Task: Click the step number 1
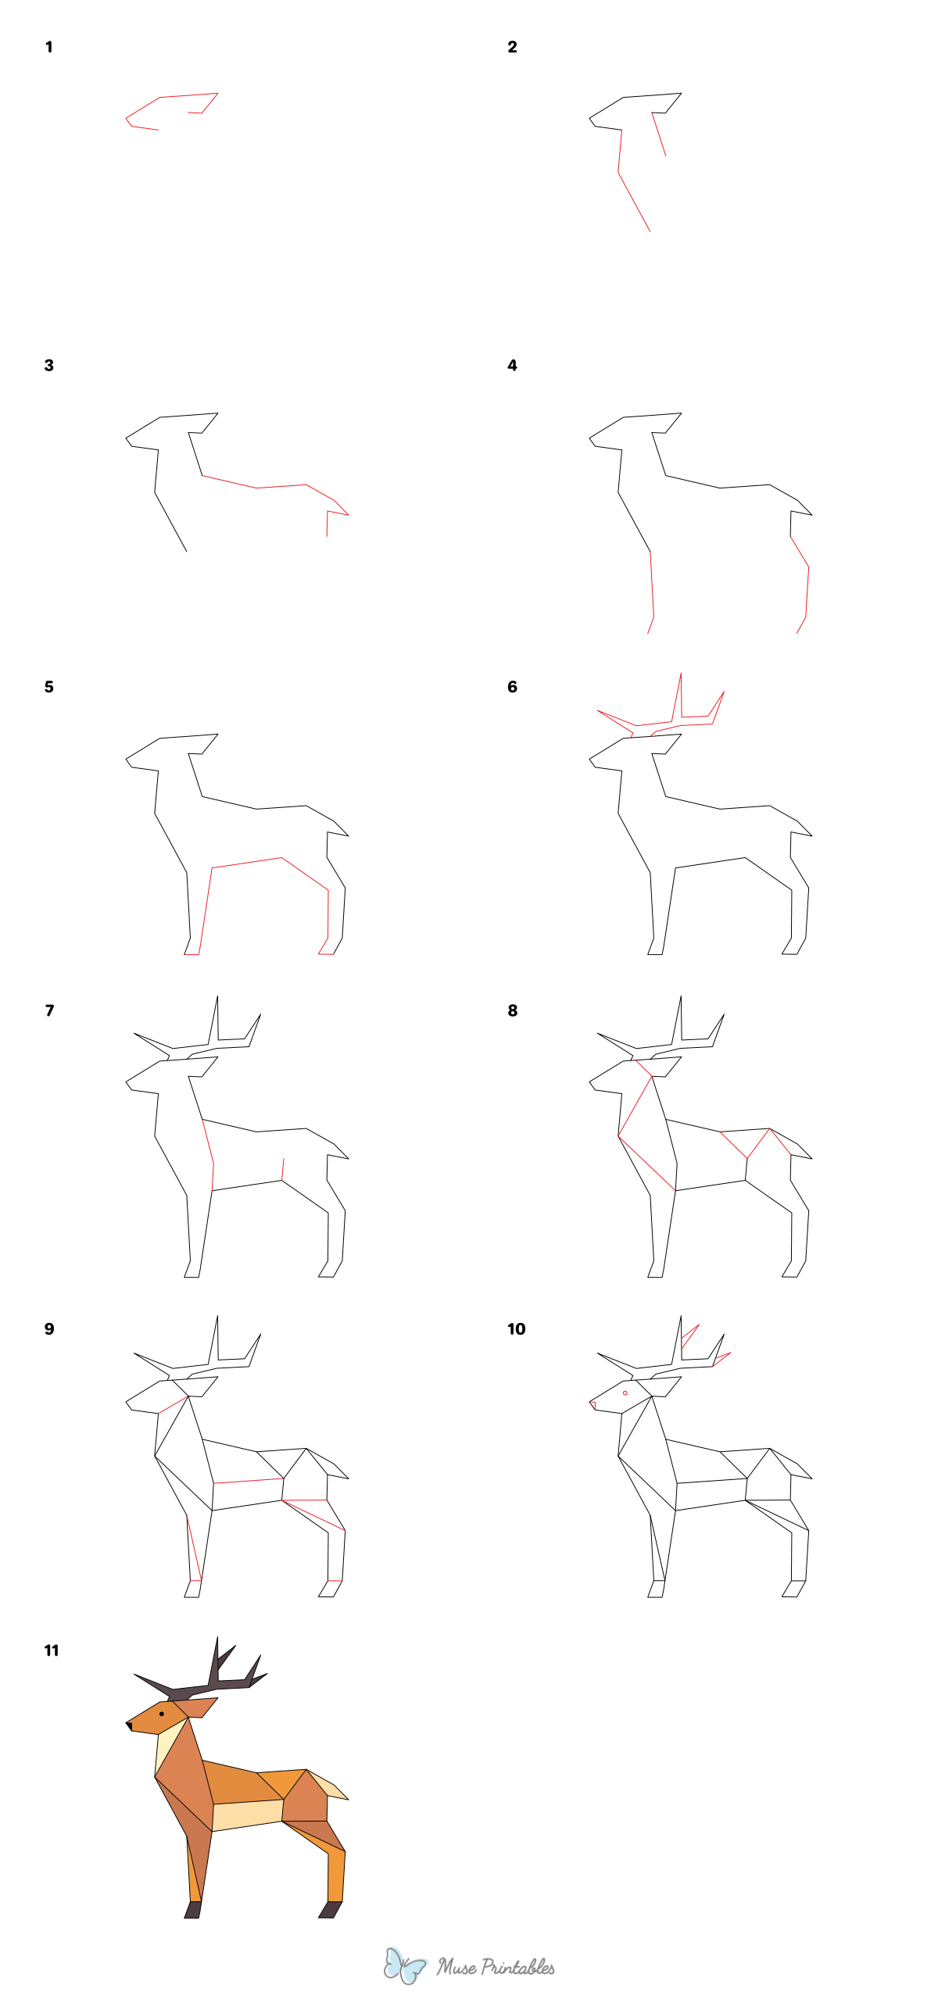click(48, 47)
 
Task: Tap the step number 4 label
click(512, 366)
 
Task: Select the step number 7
click(49, 1010)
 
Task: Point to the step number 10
click(516, 1329)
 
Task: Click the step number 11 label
click(51, 1650)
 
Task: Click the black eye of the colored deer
click(162, 1714)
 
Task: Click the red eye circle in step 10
click(625, 1393)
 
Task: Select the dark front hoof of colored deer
click(192, 1910)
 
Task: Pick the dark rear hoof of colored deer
click(330, 1910)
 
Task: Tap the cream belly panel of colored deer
click(246, 1815)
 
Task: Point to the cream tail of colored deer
click(331, 1787)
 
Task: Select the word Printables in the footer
click(517, 1968)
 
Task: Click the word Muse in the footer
click(456, 1968)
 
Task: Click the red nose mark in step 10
click(593, 1405)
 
